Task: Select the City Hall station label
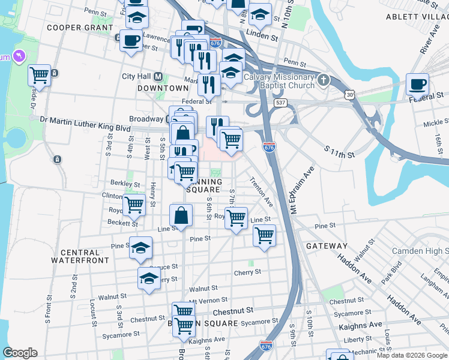(137, 76)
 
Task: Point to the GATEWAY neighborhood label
(327, 246)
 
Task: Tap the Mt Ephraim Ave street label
(302, 191)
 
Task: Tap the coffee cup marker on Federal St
(417, 85)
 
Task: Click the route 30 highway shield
(349, 94)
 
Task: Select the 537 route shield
(280, 103)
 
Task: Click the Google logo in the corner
(20, 353)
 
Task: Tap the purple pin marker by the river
(19, 57)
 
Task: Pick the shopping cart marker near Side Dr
(39, 76)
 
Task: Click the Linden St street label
(265, 37)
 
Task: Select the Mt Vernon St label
(209, 301)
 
